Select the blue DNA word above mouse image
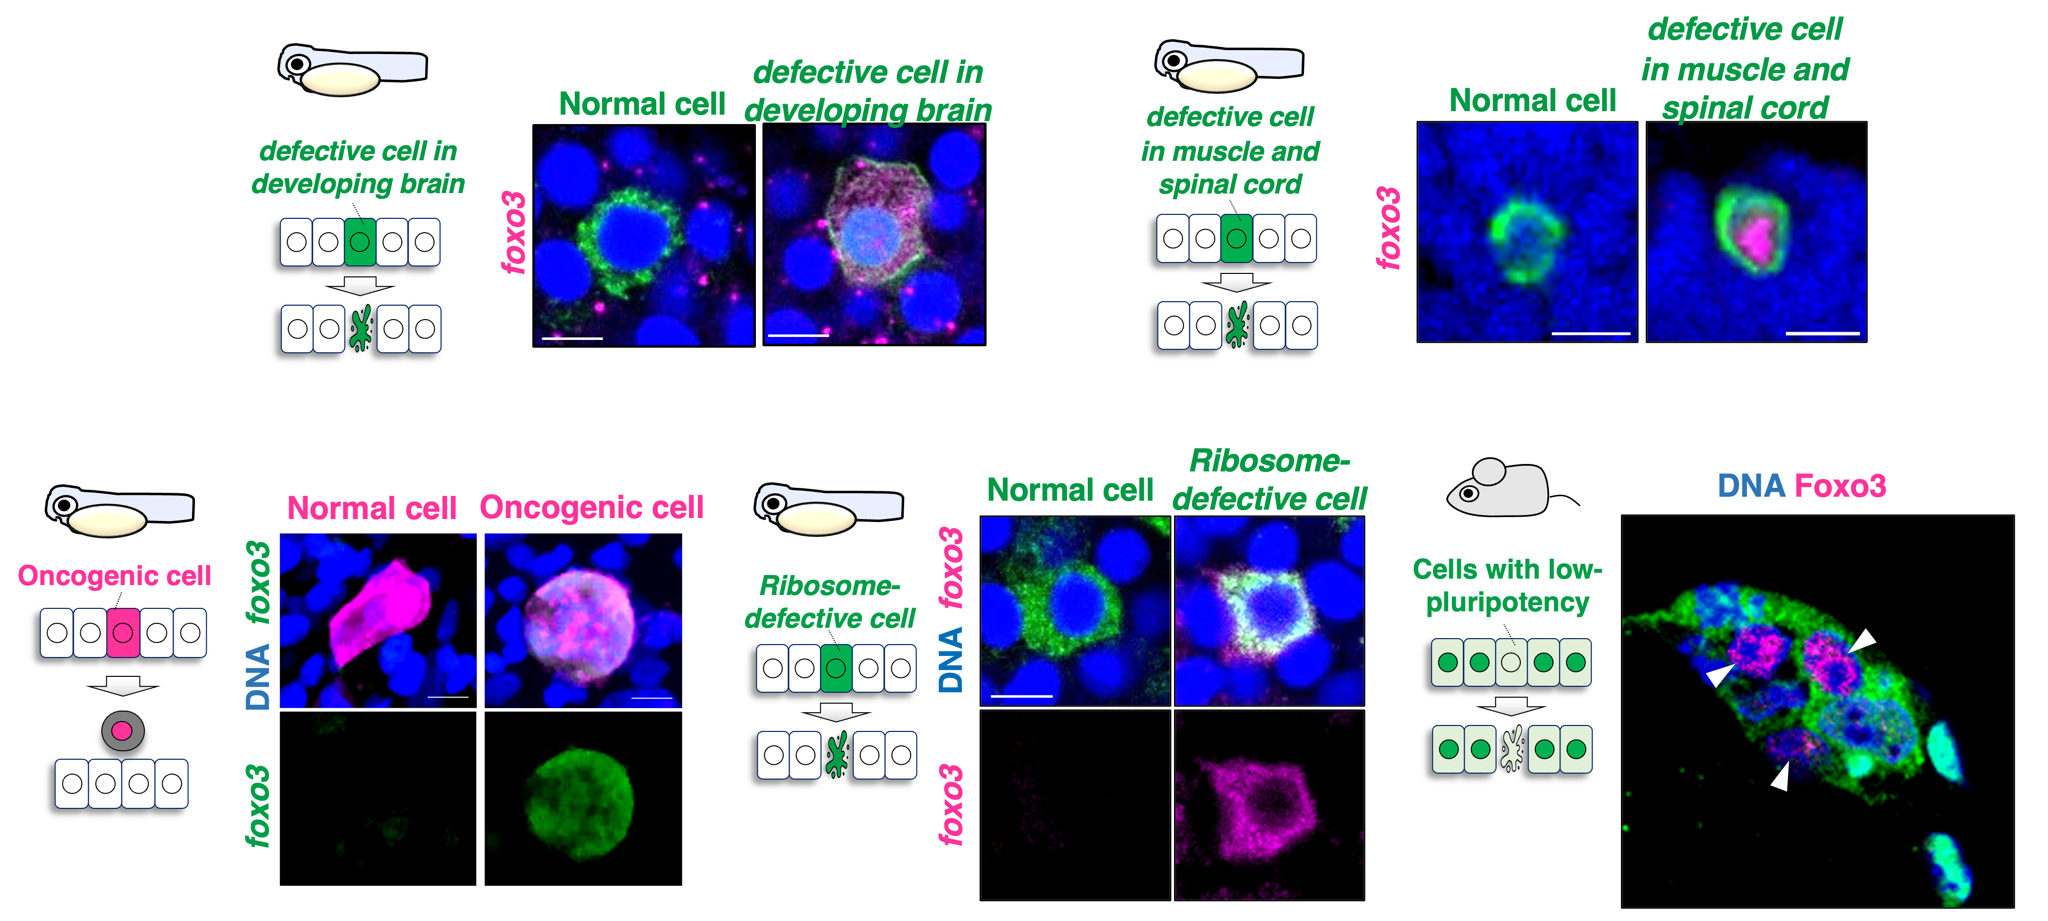1751,486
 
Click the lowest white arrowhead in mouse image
1780,776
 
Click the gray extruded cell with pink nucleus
123,730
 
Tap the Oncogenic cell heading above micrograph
592,508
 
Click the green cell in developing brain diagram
360,242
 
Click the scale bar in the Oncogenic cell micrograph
651,698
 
